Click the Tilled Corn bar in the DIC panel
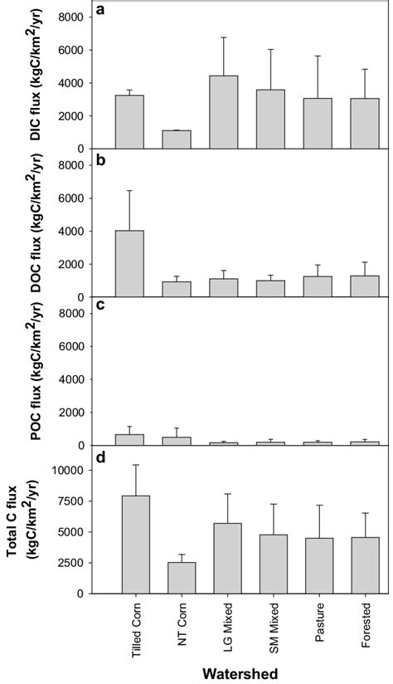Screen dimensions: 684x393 129,122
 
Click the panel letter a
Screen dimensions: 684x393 99,10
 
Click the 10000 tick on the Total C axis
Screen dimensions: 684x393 70,470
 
